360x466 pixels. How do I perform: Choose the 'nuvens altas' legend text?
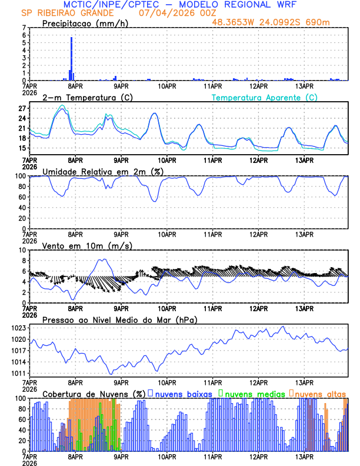click(320, 393)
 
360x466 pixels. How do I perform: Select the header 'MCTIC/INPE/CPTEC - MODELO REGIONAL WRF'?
click(179, 5)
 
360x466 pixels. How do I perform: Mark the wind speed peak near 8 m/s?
click(104, 259)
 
